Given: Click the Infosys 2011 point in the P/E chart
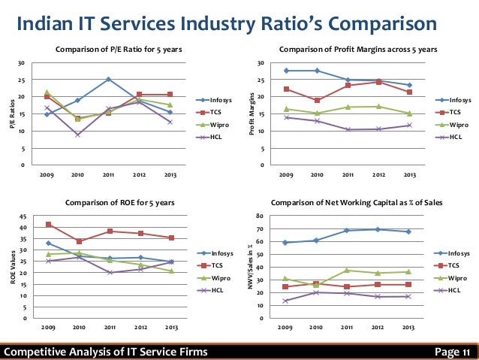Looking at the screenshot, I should click(x=108, y=79).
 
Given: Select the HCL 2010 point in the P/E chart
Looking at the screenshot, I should click(x=78, y=135).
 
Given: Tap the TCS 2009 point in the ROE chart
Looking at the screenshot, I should click(x=49, y=224).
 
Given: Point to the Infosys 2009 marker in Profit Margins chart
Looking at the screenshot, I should click(x=286, y=71).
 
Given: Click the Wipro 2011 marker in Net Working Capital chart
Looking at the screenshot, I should click(x=348, y=270).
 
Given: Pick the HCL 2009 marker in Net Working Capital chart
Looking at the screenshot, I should click(x=286, y=301).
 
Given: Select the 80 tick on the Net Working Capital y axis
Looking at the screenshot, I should click(x=261, y=216).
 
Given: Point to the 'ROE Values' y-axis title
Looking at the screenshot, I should click(x=11, y=267).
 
